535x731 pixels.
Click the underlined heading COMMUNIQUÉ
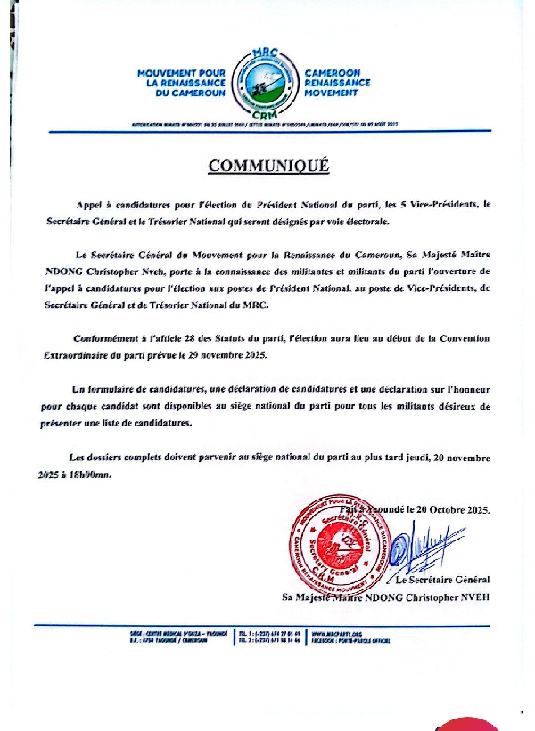pos(268,166)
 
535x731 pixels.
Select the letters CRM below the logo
pos(266,116)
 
